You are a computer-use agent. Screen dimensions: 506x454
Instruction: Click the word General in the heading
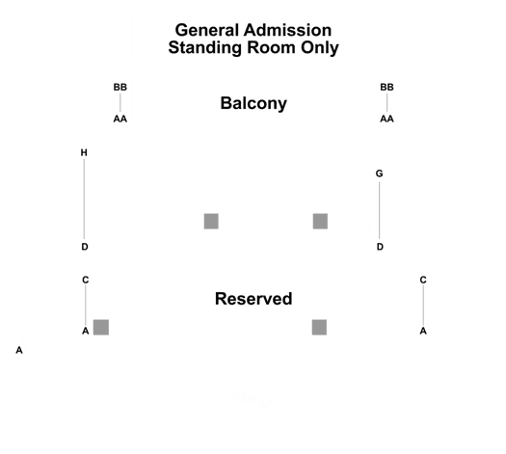(x=207, y=30)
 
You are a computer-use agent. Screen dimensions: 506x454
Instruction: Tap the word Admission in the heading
(x=287, y=30)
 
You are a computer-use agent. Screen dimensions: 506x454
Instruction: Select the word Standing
(x=204, y=48)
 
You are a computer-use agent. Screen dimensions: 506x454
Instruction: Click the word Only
(x=320, y=48)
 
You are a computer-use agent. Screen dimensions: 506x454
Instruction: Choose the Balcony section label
(x=253, y=104)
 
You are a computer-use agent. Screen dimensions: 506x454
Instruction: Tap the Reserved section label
(x=253, y=299)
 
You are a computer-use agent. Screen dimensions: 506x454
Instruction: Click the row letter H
(x=84, y=152)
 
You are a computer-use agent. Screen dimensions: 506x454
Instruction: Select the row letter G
(x=379, y=174)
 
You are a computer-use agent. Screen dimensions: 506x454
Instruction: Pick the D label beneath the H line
(x=85, y=247)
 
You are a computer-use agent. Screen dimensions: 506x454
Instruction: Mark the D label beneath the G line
(x=380, y=247)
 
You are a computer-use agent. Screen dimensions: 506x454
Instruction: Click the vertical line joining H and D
(x=84, y=200)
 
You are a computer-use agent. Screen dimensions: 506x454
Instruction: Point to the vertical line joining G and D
(x=379, y=211)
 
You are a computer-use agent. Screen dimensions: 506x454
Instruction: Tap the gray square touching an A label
(x=101, y=327)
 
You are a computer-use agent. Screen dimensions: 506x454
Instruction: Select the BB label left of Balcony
(x=120, y=87)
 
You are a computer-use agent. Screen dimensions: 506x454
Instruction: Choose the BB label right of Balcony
(x=386, y=87)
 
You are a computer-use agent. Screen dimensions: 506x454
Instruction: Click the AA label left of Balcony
(x=120, y=120)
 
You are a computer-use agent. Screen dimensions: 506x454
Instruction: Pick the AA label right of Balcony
(x=386, y=120)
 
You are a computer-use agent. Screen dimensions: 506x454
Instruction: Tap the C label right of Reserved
(x=423, y=280)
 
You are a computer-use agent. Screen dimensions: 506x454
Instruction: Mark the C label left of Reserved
(x=86, y=280)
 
